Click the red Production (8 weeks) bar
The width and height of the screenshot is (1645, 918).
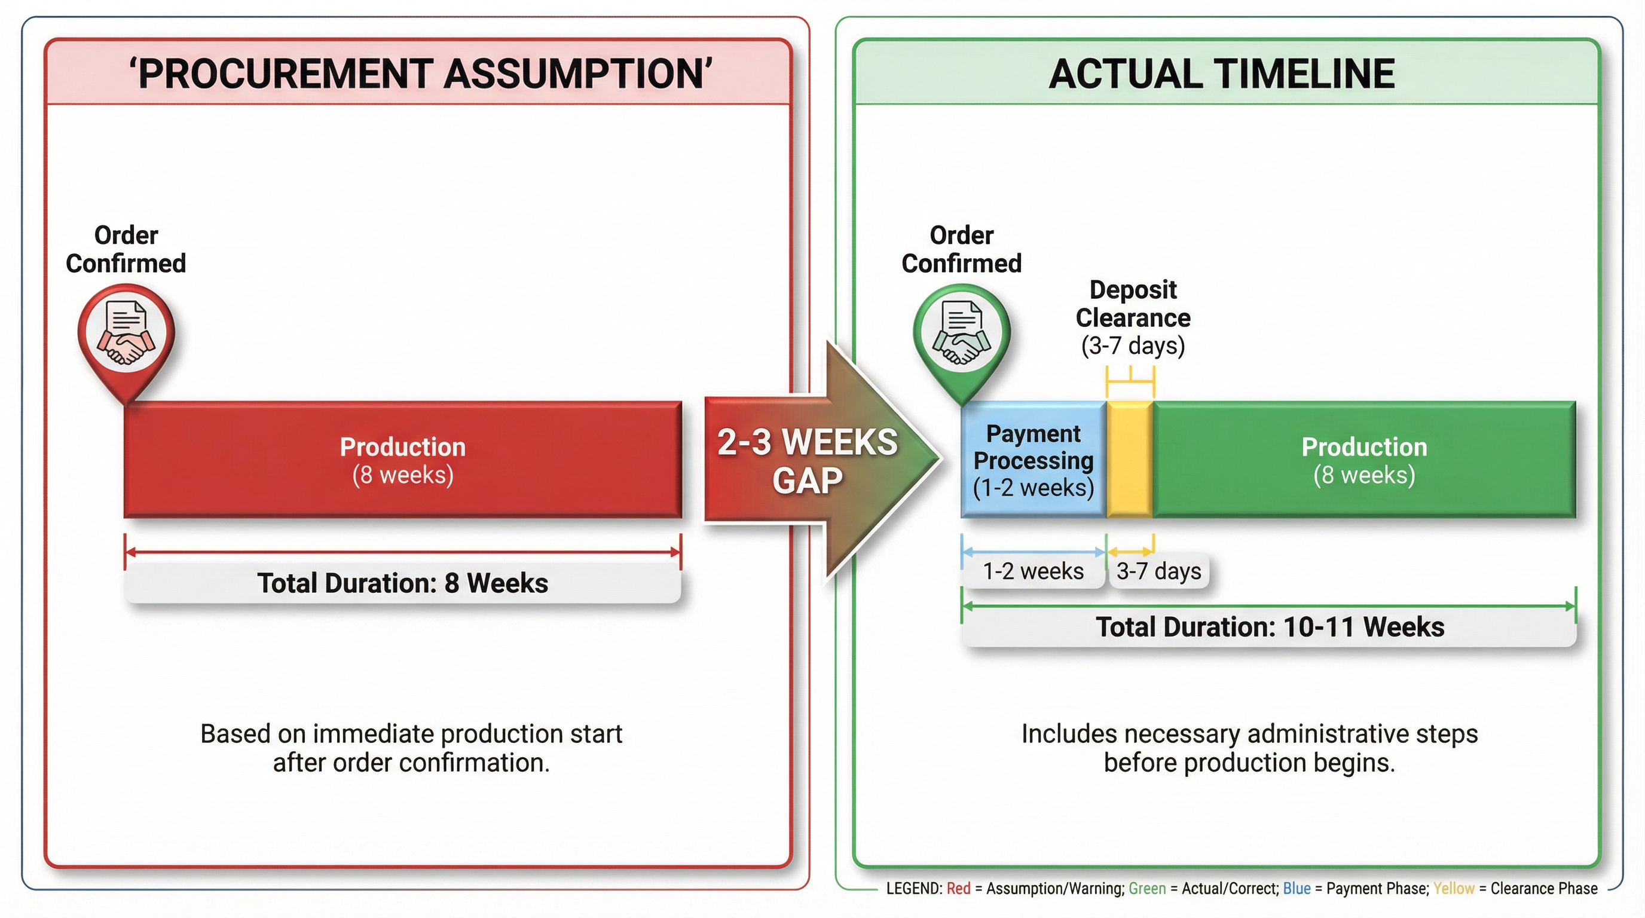pyautogui.click(x=402, y=460)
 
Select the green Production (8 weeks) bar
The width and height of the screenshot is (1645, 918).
pyautogui.click(x=1364, y=460)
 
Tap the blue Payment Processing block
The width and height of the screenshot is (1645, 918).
pyautogui.click(x=1034, y=460)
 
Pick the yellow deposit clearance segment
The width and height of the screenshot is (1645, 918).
pyautogui.click(x=1129, y=460)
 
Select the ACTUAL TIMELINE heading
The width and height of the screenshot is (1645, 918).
pyautogui.click(x=1221, y=74)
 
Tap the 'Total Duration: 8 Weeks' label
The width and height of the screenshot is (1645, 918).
pyautogui.click(x=402, y=583)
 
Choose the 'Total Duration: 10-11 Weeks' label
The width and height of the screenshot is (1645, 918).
pyautogui.click(x=1270, y=627)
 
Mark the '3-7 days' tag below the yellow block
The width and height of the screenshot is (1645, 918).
pyautogui.click(x=1158, y=571)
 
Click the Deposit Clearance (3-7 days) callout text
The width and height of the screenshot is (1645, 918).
pyautogui.click(x=1133, y=317)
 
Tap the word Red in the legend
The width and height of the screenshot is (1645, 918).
pyautogui.click(x=958, y=888)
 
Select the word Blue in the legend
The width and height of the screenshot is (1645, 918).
pyautogui.click(x=1297, y=888)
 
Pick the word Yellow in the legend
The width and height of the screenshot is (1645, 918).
pyautogui.click(x=1454, y=888)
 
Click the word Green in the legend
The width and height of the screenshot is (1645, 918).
pyautogui.click(x=1147, y=888)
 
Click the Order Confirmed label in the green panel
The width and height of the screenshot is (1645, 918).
pyautogui.click(x=961, y=249)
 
